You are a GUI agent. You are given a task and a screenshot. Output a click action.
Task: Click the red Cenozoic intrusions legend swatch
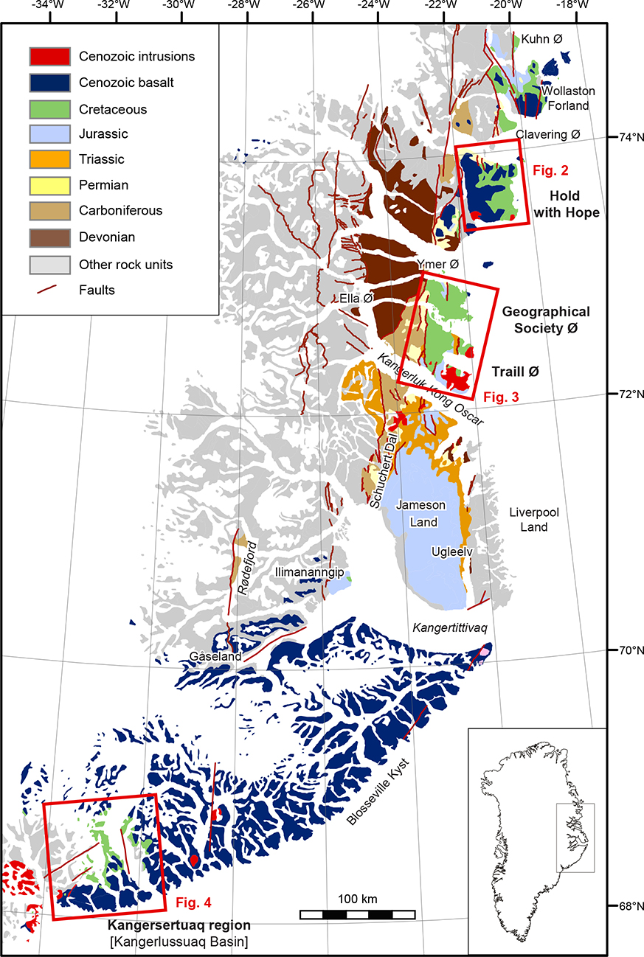pyautogui.click(x=49, y=56)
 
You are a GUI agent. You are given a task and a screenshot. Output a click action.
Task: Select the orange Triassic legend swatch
pyautogui.click(x=49, y=159)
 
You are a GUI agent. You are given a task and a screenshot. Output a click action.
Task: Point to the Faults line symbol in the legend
pyautogui.click(x=49, y=290)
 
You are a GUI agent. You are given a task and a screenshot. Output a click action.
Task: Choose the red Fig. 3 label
pyautogui.click(x=501, y=397)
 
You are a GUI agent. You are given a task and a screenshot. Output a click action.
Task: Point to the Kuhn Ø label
pyautogui.click(x=546, y=39)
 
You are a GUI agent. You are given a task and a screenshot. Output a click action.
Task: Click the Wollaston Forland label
pyautogui.click(x=565, y=98)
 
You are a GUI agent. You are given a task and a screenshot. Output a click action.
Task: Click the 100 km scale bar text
pyautogui.click(x=358, y=899)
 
